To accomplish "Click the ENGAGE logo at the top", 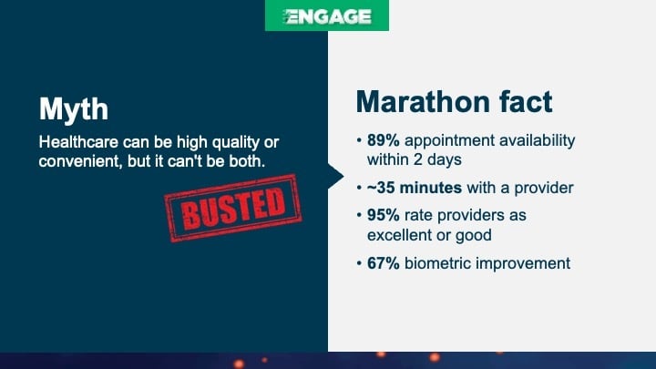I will click(326, 16).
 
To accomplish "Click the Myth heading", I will click(73, 109).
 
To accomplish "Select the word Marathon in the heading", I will click(418, 101).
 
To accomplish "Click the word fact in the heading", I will click(522, 101).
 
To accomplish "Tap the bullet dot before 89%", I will click(347, 142).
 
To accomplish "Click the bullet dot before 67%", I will click(347, 264).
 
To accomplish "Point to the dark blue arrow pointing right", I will click(335, 176).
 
